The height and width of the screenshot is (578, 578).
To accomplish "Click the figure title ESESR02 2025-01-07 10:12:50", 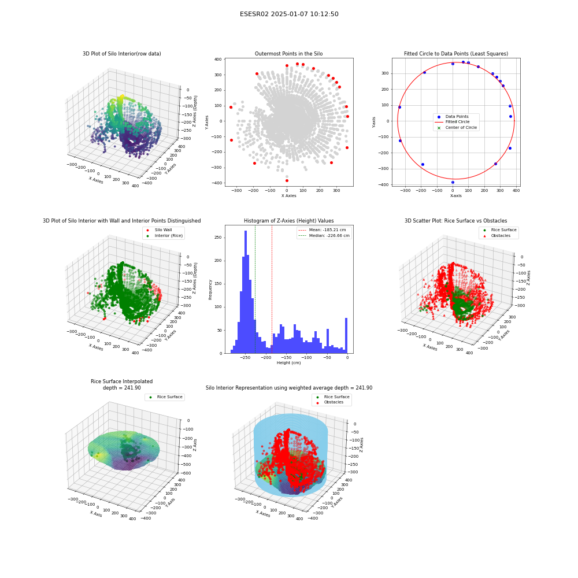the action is click(289, 14).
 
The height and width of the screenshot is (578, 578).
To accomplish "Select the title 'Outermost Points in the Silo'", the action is click(288, 54).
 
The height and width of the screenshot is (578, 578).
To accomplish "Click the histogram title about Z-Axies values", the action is click(288, 221).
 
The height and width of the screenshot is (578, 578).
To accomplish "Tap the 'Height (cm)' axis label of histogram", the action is click(288, 363).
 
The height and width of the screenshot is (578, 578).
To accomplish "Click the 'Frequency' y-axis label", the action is click(210, 290).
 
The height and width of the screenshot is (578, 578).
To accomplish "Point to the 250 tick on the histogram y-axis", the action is click(218, 238).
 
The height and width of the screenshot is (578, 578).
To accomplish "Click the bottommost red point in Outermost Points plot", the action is click(287, 180).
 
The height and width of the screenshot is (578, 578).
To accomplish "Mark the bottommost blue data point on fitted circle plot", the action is click(453, 183).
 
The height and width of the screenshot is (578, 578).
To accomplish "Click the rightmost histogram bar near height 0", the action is click(346, 335).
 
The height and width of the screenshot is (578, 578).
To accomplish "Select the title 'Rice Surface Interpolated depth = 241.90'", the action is click(121, 384).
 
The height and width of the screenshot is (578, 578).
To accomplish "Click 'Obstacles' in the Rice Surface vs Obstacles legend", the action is click(501, 236).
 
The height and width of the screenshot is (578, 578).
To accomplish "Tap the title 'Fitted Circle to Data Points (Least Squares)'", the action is click(456, 54).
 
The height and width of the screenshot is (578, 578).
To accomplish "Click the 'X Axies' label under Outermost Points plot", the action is click(288, 196).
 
